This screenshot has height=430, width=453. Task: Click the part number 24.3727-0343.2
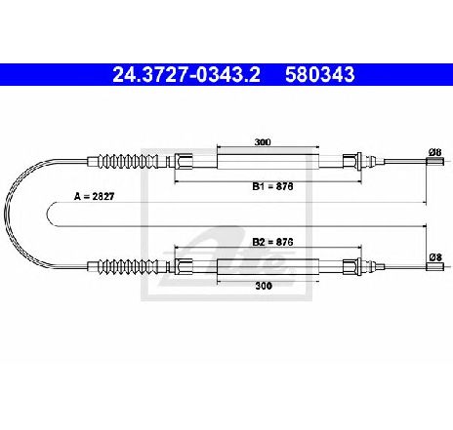tap(186, 75)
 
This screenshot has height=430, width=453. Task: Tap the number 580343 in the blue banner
tap(320, 75)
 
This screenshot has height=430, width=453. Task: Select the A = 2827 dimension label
tap(95, 196)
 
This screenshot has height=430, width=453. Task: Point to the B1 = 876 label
tap(272, 186)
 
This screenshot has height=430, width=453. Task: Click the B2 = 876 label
tap(272, 242)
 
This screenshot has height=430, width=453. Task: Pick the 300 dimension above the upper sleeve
tap(263, 142)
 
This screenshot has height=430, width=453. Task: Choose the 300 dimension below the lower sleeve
tap(264, 286)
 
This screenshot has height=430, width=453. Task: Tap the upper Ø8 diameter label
tap(434, 152)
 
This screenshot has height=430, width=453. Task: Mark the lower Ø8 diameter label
tap(435, 257)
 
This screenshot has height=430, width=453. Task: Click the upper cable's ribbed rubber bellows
tap(130, 161)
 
